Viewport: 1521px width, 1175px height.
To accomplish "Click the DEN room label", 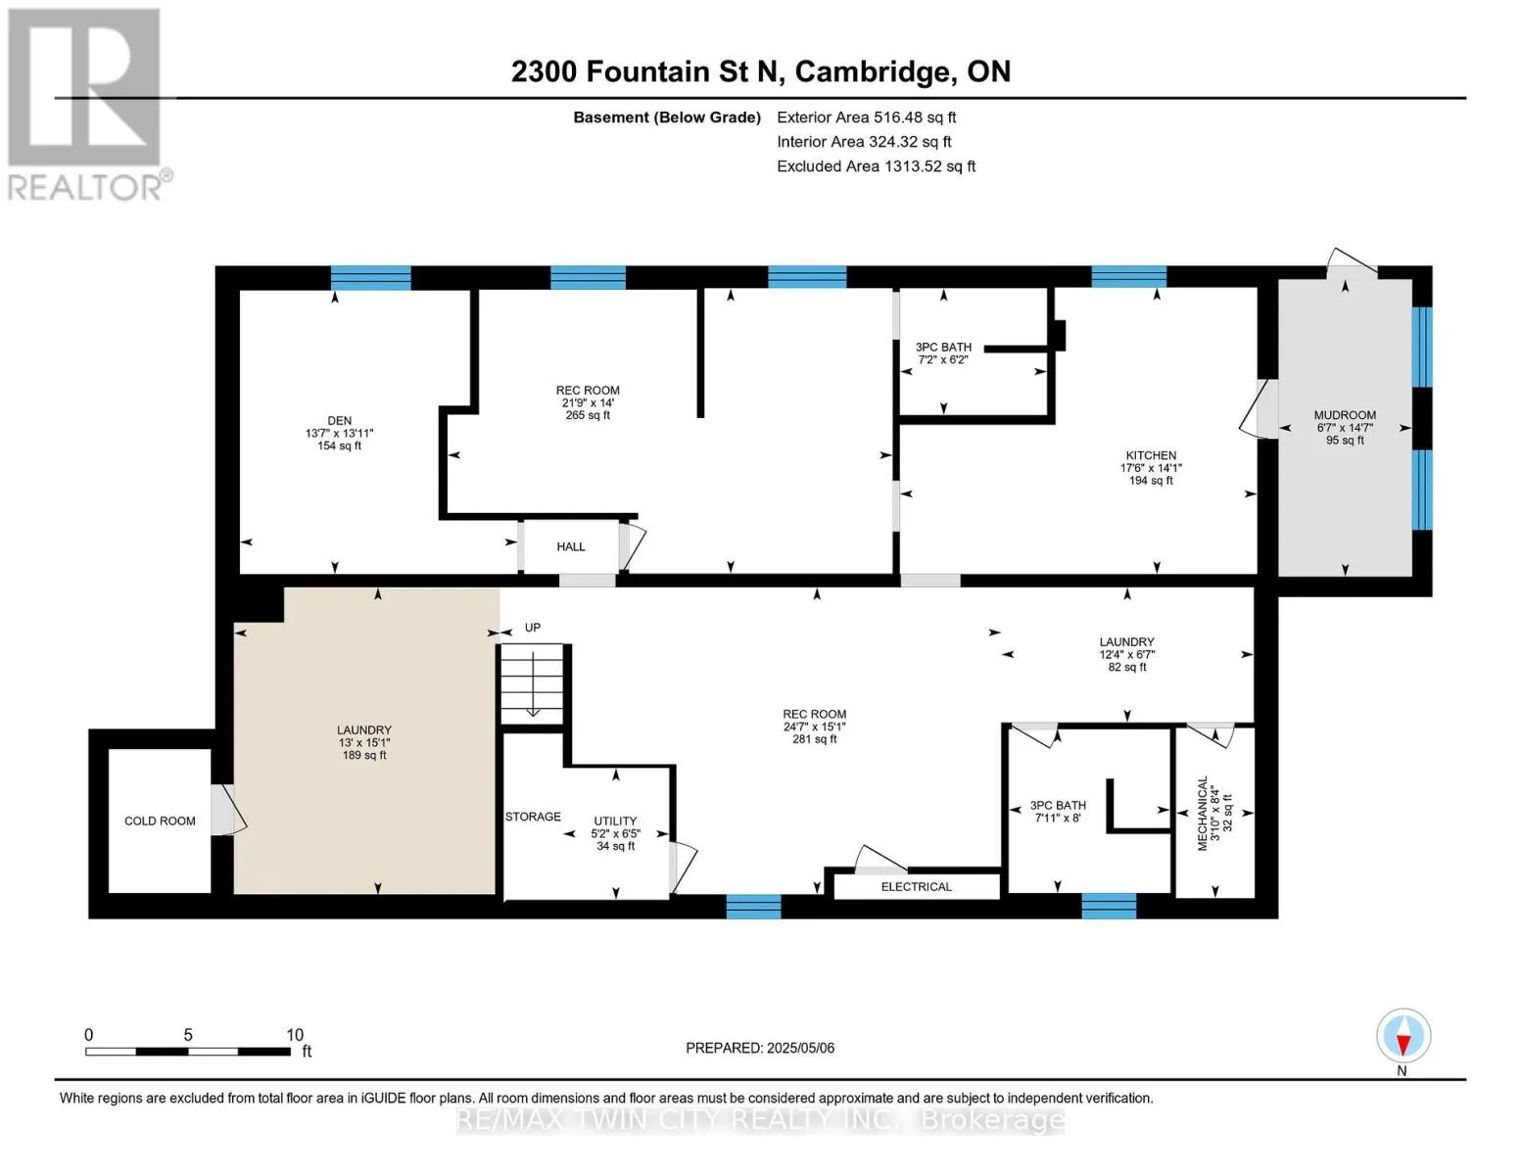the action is click(340, 421).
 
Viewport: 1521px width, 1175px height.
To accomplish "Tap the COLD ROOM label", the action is click(160, 821).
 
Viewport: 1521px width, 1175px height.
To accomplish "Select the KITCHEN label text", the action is click(1151, 455).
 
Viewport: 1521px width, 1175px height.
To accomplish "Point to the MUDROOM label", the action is click(1345, 415).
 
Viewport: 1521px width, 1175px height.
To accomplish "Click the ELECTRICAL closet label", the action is click(917, 887).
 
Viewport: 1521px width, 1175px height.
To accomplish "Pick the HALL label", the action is click(570, 546).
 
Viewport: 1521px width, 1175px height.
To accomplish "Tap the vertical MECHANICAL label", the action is click(1203, 813).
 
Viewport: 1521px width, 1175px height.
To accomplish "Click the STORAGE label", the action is click(533, 817).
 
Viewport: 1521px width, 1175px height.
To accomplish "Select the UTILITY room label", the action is click(615, 821).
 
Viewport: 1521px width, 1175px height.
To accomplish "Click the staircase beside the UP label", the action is click(532, 684).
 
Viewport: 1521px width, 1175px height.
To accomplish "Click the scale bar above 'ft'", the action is click(188, 1052).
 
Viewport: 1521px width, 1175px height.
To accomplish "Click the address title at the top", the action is click(761, 71).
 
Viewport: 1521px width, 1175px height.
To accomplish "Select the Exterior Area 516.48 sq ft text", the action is click(866, 117).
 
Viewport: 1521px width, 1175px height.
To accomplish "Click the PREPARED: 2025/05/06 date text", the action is click(760, 1048).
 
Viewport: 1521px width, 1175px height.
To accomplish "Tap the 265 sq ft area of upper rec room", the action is click(588, 415).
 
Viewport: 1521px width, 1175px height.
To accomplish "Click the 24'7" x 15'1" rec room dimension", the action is click(814, 727).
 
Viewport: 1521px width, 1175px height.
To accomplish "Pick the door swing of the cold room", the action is click(228, 810).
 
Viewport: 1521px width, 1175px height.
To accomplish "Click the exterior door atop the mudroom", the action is click(1352, 263).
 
